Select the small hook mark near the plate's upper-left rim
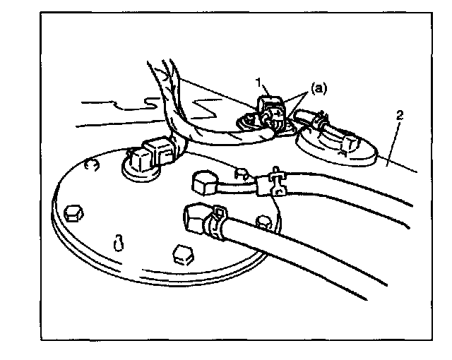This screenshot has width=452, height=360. coord(90,166)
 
